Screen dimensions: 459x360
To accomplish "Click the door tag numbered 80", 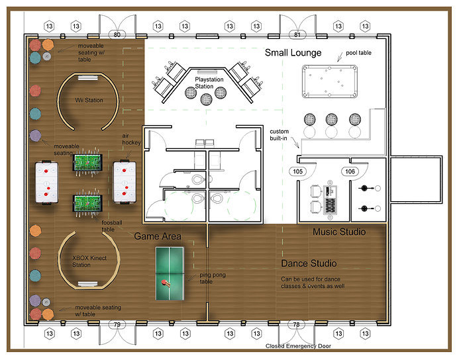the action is click(117, 34).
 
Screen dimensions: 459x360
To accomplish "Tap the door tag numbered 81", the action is click(297, 34).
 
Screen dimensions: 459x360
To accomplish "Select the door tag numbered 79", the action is click(117, 324).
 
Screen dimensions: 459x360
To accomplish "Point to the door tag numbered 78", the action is click(296, 324).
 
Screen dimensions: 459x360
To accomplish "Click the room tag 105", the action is click(297, 171).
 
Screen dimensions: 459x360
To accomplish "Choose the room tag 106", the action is click(350, 171).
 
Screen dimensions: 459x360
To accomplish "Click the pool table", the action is click(330, 81).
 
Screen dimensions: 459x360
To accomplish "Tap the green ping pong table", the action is click(170, 274).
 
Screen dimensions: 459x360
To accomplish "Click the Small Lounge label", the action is click(293, 53).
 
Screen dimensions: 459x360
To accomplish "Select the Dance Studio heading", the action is click(309, 263).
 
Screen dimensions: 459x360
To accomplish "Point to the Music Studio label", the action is click(339, 232).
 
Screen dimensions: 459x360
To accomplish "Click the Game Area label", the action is click(158, 236).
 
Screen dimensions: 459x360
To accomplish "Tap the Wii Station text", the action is click(89, 101).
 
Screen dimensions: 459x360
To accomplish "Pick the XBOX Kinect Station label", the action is click(89, 261).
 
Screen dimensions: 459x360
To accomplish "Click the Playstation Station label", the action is click(209, 83).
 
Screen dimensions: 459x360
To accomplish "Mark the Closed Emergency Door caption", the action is click(298, 346).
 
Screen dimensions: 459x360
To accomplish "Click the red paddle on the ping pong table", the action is click(165, 283).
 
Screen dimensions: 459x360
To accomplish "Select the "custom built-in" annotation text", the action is click(280, 135).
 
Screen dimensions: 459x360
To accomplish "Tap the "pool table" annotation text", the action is click(358, 53).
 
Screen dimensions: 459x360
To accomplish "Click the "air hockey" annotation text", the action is click(131, 139).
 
